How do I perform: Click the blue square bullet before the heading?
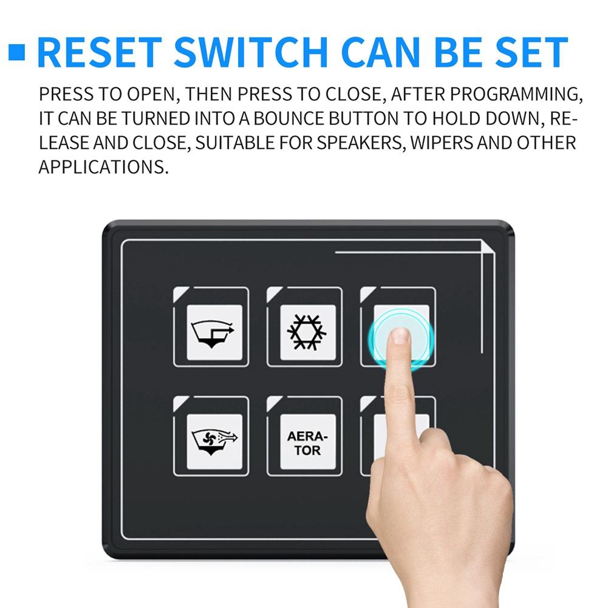16,52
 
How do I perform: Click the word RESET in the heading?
100,52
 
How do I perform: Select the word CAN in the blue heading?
381,52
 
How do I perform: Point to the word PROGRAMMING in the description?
516,94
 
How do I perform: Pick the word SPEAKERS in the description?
360,143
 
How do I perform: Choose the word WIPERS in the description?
442,143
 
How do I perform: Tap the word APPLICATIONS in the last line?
103,167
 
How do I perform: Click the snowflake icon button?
307,332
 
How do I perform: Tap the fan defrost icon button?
214,442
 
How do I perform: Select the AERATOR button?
307,442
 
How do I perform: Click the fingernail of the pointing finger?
400,335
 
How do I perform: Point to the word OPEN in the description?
151,94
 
